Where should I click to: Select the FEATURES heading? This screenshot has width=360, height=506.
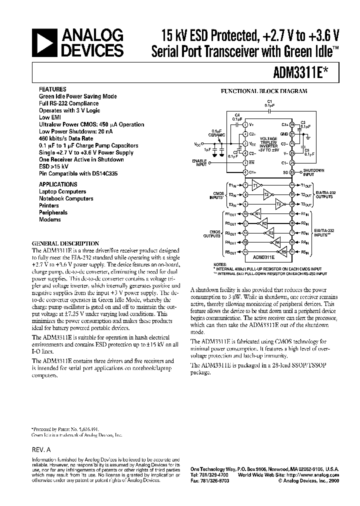[51, 89]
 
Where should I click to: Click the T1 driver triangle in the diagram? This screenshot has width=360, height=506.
[256, 185]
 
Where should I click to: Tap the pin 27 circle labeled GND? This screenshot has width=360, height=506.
[292, 134]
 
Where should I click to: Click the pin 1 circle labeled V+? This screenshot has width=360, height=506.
[245, 124]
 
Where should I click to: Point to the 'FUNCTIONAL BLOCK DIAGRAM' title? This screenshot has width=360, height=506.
[264, 91]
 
